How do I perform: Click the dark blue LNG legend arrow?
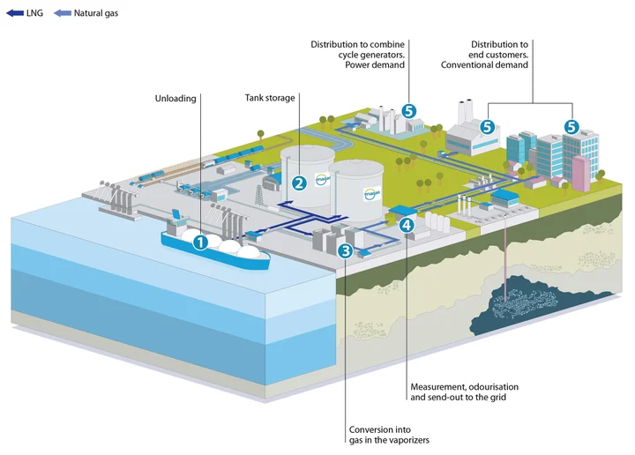click(14, 14)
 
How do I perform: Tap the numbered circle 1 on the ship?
click(201, 240)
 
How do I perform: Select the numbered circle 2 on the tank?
click(299, 183)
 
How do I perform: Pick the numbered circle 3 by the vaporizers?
click(346, 251)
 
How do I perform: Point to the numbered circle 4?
click(405, 225)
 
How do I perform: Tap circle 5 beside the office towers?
click(571, 127)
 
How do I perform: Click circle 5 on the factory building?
click(486, 127)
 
